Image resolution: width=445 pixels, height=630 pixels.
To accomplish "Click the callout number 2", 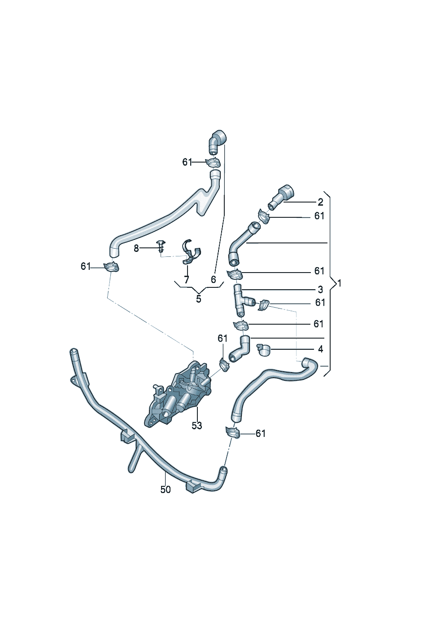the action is (320, 202).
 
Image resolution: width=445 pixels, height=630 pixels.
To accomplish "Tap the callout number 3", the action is (320, 289).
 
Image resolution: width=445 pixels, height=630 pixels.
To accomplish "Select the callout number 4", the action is (320, 349).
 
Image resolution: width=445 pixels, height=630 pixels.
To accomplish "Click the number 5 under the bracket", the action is (199, 299).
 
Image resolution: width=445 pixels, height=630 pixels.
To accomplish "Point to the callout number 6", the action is (213, 280).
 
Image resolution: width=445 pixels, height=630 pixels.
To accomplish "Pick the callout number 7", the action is (187, 280).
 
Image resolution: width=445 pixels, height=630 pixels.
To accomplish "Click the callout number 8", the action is (136, 248).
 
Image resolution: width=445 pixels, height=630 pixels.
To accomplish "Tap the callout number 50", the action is (166, 489).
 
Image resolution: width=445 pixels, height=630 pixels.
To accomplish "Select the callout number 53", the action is (196, 426).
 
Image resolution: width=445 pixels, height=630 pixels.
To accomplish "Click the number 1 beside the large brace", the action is (339, 283).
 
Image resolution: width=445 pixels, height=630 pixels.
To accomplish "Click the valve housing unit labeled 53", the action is (178, 394).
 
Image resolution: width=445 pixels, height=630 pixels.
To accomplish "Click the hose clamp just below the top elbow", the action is (213, 163).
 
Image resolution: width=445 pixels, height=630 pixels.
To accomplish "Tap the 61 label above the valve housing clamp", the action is (222, 339).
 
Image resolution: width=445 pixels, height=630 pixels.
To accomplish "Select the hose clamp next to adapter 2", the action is (264, 216).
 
